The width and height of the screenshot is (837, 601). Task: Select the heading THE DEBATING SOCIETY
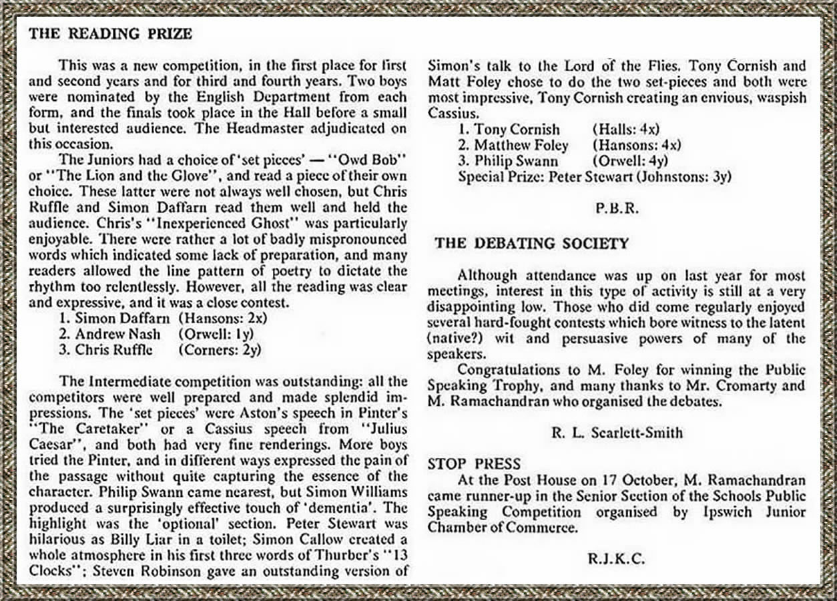pos(531,243)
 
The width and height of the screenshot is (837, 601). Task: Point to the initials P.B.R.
pos(617,208)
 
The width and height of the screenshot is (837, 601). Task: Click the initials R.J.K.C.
pos(617,559)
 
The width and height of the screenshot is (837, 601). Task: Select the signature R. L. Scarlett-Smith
pos(617,433)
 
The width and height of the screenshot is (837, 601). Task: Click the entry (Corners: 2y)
pos(220,349)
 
